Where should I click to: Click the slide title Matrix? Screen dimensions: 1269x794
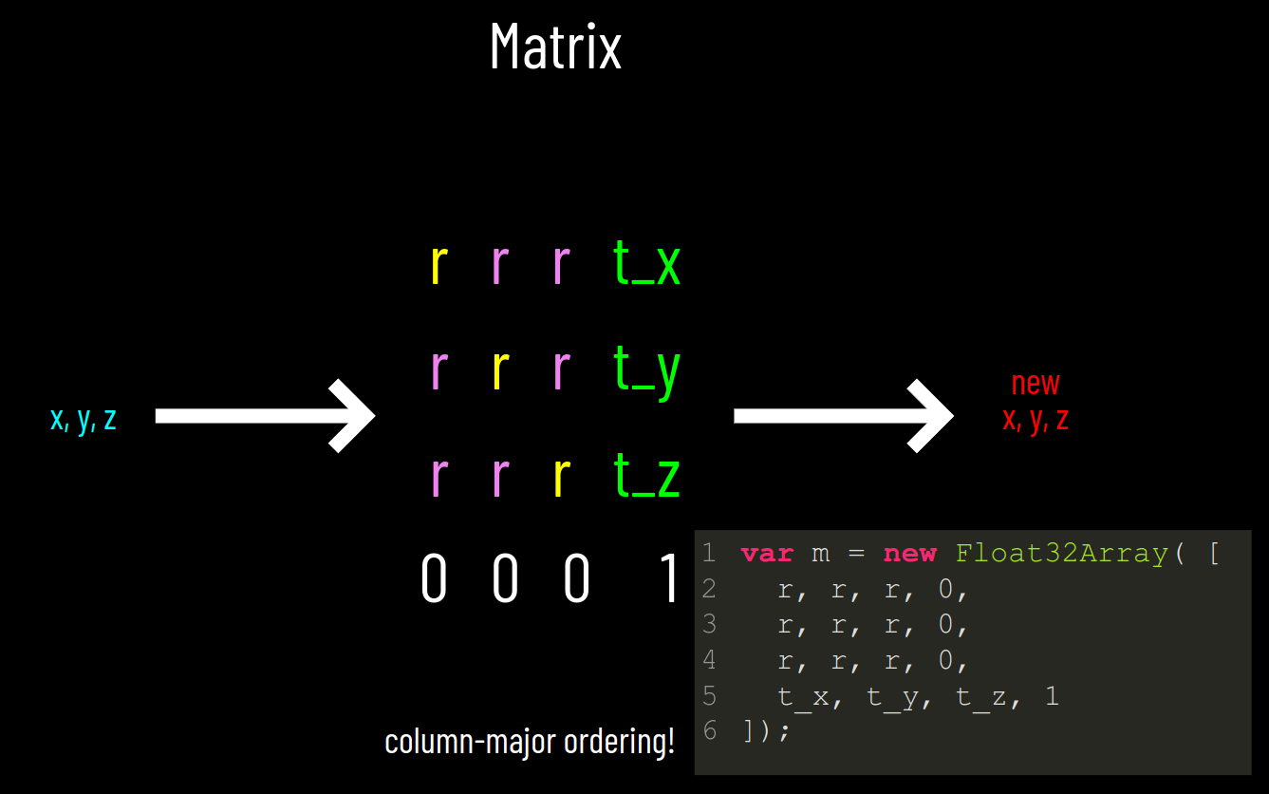pyautogui.click(x=555, y=47)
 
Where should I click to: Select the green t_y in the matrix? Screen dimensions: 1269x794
pyautogui.click(x=647, y=370)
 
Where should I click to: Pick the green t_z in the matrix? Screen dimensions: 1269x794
pyautogui.click(x=647, y=476)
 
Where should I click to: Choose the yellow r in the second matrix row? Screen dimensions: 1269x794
pyautogui.click(x=500, y=370)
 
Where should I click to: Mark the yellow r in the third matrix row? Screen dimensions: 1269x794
pyautogui.click(x=562, y=476)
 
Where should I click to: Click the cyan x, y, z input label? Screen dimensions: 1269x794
pyautogui.click(x=84, y=418)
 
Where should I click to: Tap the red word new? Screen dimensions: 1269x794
pyautogui.click(x=1036, y=383)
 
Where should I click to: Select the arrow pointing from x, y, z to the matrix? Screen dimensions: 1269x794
pyautogui.click(x=265, y=415)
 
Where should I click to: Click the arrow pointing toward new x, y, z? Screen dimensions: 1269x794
pyautogui.click(x=843, y=415)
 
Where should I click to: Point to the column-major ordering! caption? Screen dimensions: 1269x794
pyautogui.click(x=530, y=741)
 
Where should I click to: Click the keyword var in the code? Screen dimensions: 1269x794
pyautogui.click(x=767, y=554)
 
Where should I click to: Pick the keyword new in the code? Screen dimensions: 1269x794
pyautogui.click(x=909, y=554)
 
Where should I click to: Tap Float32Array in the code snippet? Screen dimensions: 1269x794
pyautogui.click(x=1061, y=554)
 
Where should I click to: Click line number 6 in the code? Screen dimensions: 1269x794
pyautogui.click(x=710, y=731)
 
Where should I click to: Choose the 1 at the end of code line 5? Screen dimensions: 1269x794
pyautogui.click(x=1051, y=697)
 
